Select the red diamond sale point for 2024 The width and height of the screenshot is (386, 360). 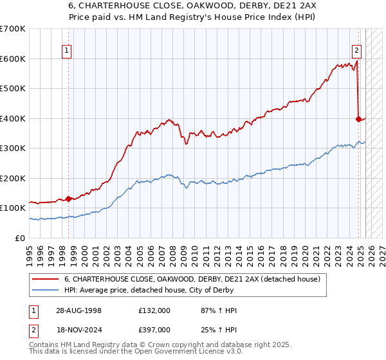click(x=358, y=119)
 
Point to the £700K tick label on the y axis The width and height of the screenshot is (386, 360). click(x=12, y=29)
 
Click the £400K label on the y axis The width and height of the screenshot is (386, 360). click(x=12, y=118)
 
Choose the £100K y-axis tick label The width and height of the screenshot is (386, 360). click(x=12, y=208)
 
